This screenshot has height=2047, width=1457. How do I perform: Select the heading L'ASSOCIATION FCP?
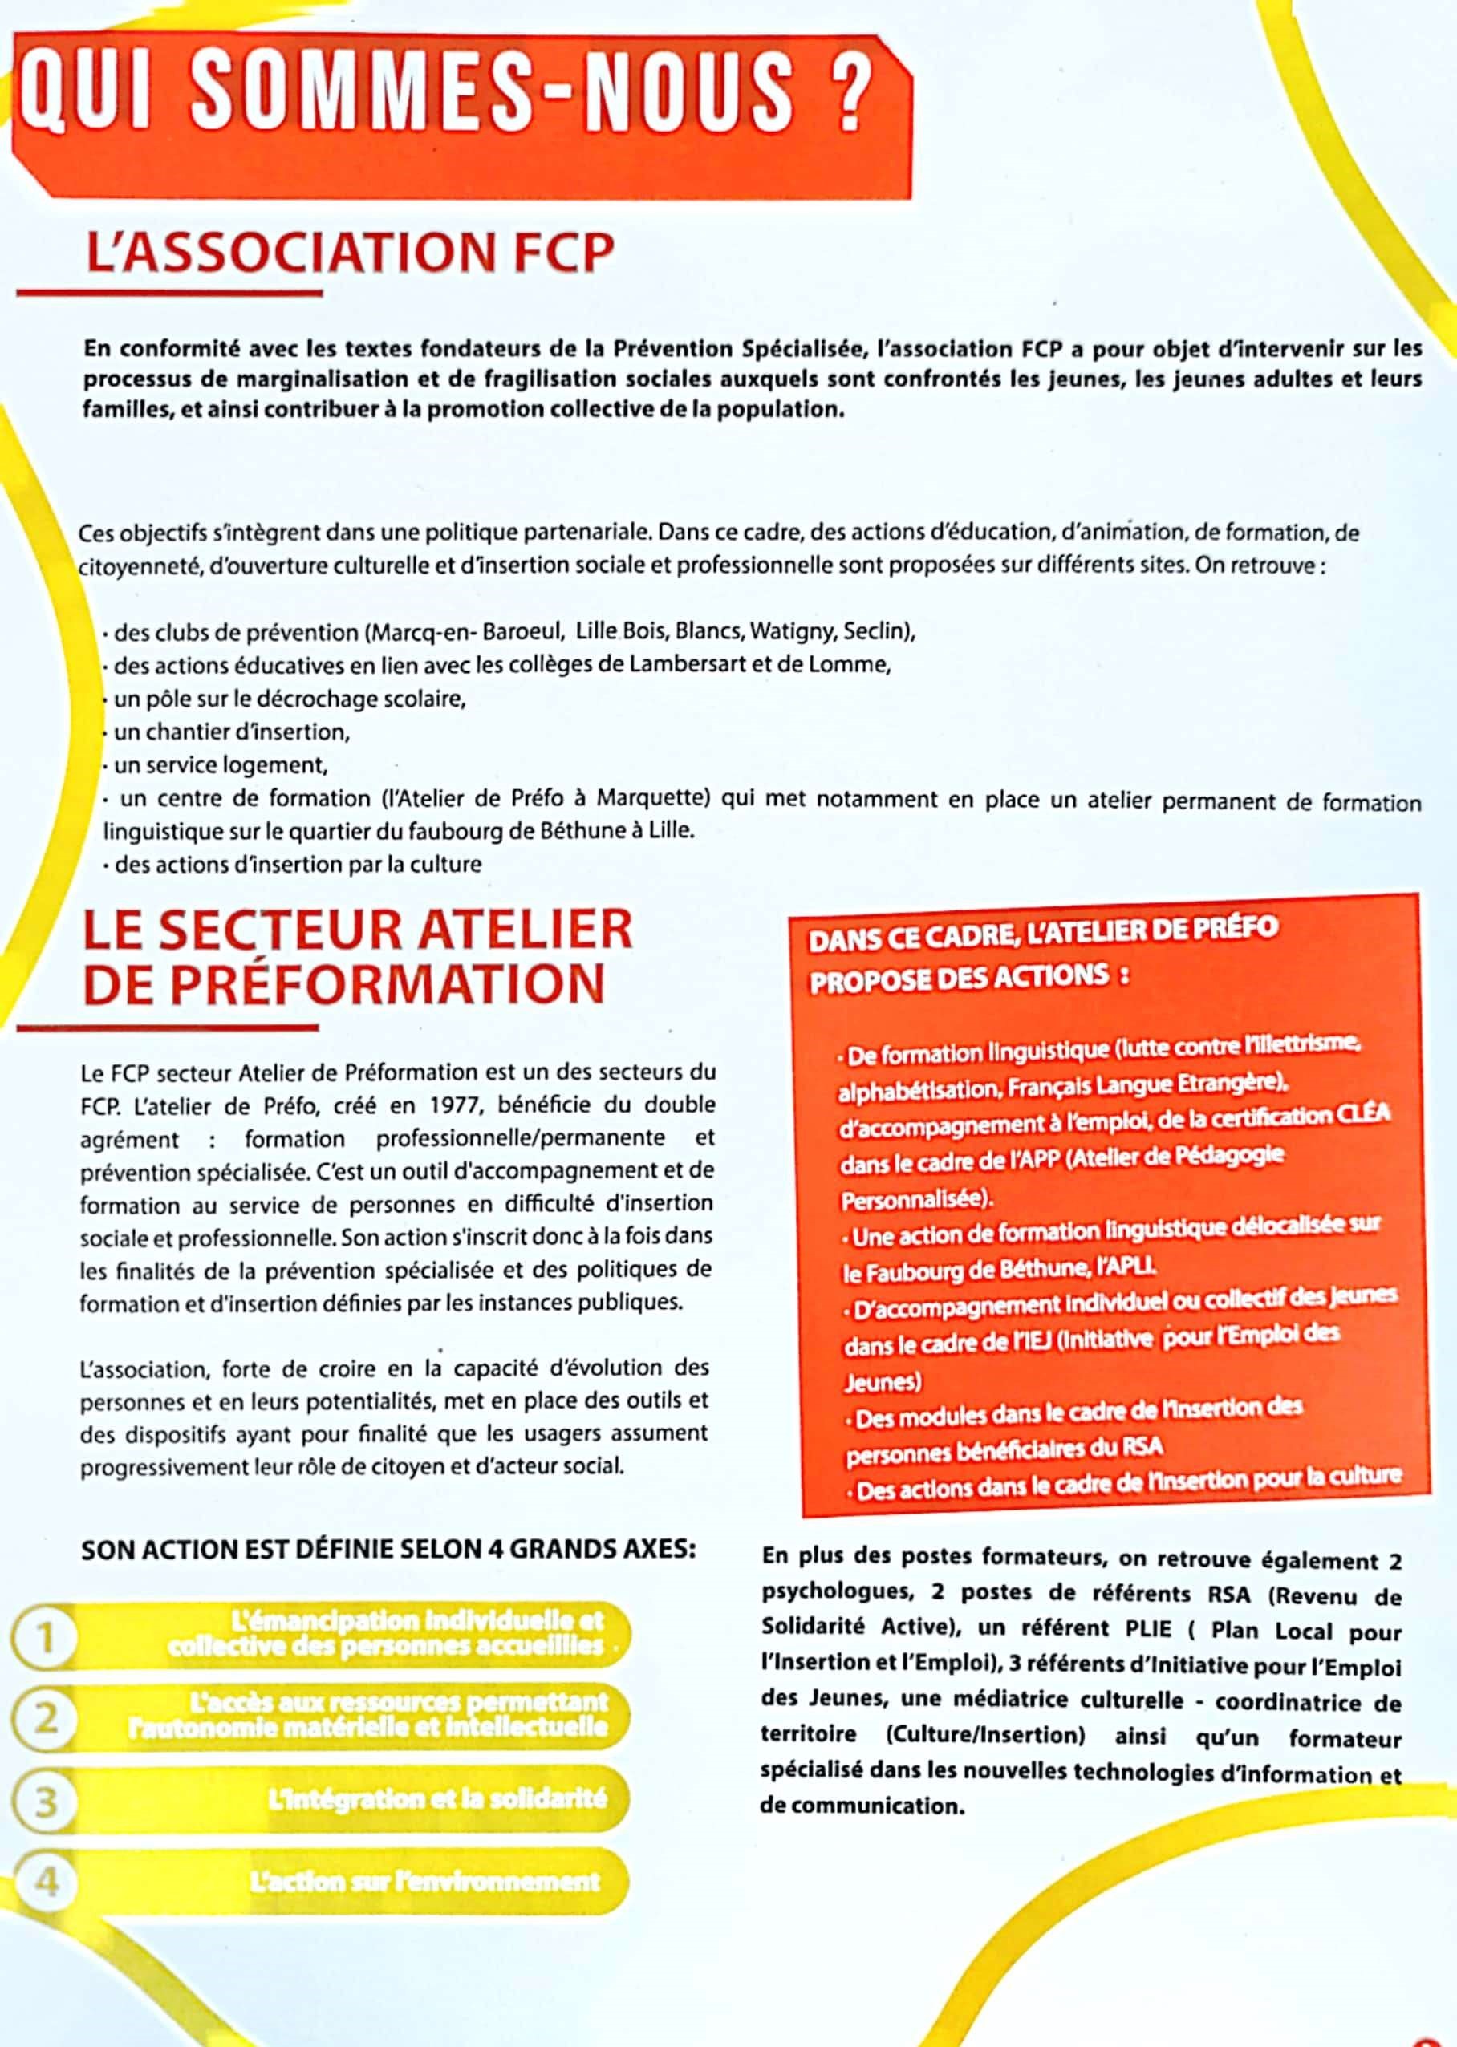coord(350,253)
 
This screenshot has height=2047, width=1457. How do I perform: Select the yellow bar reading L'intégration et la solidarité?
coord(436,1798)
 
